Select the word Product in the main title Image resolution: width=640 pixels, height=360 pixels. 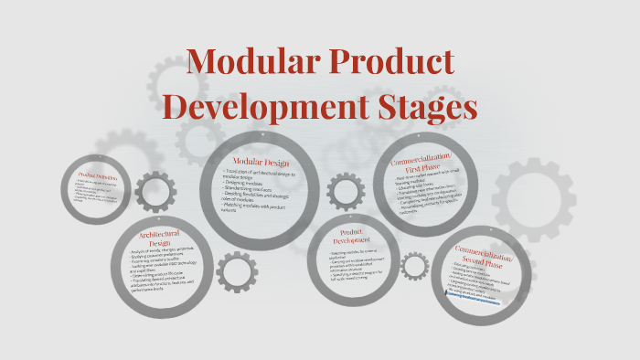click(396, 62)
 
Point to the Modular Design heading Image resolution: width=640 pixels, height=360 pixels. click(260, 162)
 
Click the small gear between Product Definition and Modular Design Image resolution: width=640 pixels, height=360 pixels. click(155, 193)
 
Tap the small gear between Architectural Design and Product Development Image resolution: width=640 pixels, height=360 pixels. click(235, 271)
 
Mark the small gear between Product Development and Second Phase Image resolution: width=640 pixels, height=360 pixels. click(415, 267)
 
